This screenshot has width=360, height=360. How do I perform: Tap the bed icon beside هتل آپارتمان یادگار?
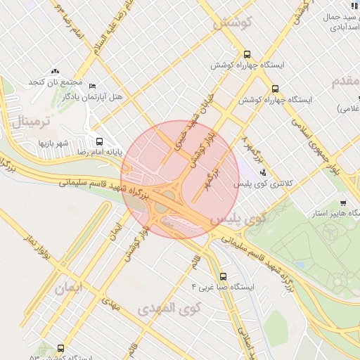[93, 86]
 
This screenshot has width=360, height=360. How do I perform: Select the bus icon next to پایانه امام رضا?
[98, 140]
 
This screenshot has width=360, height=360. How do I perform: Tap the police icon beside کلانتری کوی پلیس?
[263, 172]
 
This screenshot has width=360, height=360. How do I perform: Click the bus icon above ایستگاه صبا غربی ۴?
[224, 276]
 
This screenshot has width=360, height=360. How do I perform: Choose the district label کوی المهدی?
[169, 309]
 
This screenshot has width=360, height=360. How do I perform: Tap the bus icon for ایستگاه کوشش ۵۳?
[61, 347]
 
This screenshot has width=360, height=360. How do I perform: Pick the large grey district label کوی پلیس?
[238, 219]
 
